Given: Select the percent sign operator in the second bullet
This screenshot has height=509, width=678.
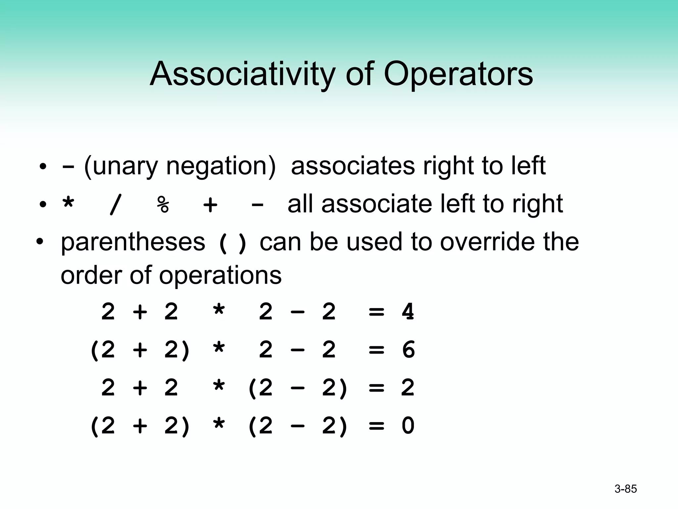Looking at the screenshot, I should (163, 204).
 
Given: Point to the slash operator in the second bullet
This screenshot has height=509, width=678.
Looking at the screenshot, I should (115, 204).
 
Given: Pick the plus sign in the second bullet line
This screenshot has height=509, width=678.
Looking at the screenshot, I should (211, 204).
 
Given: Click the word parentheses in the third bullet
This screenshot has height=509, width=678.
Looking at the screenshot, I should (133, 242).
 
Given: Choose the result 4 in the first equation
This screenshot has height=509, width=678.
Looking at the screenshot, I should (408, 311).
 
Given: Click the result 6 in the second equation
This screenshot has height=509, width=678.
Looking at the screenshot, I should (408, 350).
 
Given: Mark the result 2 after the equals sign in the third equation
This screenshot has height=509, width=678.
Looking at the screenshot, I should (408, 387).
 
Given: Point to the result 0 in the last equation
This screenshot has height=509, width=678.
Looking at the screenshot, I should (408, 425).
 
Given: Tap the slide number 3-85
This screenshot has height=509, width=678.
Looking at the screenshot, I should (625, 489).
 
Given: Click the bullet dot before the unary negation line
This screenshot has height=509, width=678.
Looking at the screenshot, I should (42, 167).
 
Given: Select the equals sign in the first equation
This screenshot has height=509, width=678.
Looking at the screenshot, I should (376, 312).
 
